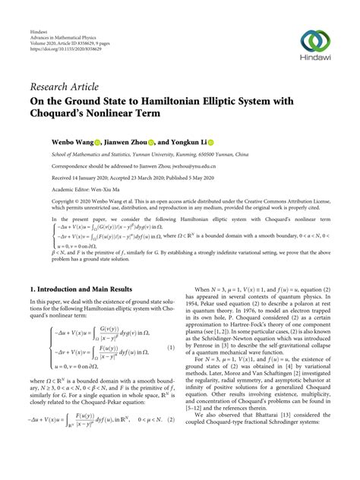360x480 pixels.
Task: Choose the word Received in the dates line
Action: (43, 178)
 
